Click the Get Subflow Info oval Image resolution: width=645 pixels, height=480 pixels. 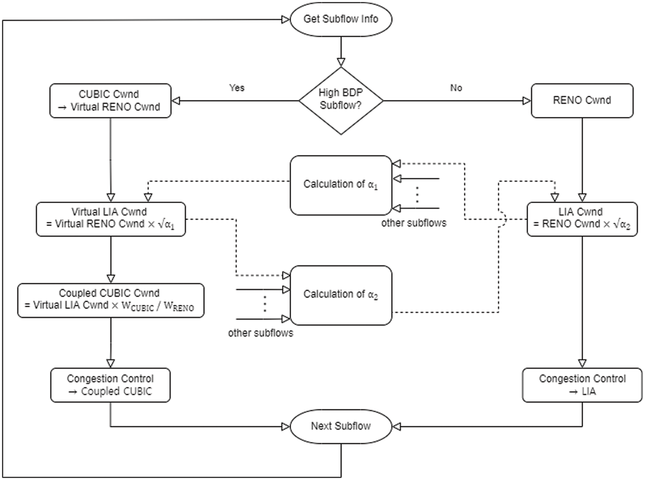[341, 19]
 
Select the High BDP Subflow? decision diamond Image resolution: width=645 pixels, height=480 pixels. [341, 100]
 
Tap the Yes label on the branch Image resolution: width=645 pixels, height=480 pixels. [237, 88]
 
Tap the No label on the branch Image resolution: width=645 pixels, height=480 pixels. [456, 88]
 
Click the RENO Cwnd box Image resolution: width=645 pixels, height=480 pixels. [582, 100]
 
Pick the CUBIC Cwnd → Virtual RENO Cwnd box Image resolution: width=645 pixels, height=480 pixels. [110, 101]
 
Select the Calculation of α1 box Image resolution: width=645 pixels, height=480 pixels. [341, 185]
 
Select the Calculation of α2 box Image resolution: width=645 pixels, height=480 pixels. [341, 295]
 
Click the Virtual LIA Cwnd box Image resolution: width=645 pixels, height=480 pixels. [111, 219]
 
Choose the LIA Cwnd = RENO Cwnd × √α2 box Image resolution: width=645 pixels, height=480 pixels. [582, 219]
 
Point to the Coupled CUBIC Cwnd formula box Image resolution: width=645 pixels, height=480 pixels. [111, 300]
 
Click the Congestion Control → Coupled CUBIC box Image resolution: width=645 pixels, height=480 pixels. [110, 385]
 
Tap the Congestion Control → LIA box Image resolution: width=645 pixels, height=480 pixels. [582, 385]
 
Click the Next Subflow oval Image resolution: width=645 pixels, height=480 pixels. [341, 426]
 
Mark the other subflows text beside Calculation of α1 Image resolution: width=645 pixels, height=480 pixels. [414, 223]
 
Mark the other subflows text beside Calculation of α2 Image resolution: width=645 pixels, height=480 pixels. [261, 333]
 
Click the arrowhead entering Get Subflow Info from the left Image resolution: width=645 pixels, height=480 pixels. [286, 20]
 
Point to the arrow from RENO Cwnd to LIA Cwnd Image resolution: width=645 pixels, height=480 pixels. [582, 159]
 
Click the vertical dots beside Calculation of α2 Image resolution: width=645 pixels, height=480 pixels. [265, 304]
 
